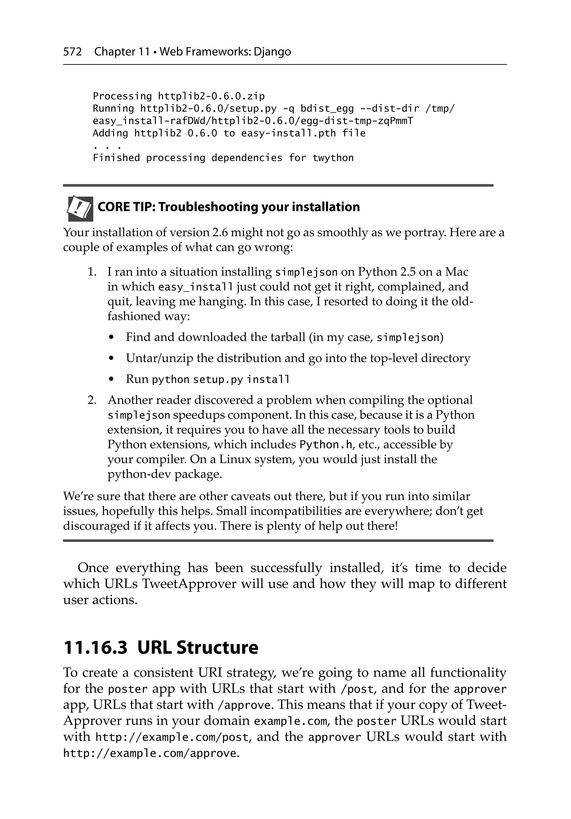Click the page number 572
[x=72, y=52]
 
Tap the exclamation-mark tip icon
[x=80, y=208]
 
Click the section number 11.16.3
[x=95, y=648]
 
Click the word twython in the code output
[x=333, y=158]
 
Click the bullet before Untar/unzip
[x=112, y=358]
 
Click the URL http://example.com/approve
[x=150, y=753]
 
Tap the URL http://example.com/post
[x=172, y=737]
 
